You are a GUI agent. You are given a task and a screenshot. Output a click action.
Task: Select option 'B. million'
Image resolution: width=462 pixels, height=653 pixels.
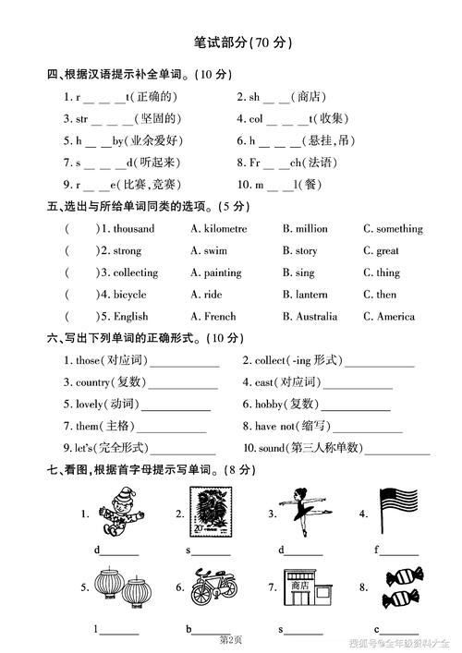click(x=305, y=228)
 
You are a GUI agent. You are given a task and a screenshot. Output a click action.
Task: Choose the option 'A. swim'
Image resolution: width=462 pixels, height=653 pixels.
click(x=212, y=250)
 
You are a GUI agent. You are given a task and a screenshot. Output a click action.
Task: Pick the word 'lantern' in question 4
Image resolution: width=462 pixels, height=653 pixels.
click(x=311, y=295)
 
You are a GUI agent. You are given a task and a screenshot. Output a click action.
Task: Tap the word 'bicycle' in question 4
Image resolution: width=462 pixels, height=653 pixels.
click(x=129, y=295)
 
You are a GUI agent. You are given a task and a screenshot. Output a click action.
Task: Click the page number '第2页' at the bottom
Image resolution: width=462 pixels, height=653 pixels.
click(x=230, y=639)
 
